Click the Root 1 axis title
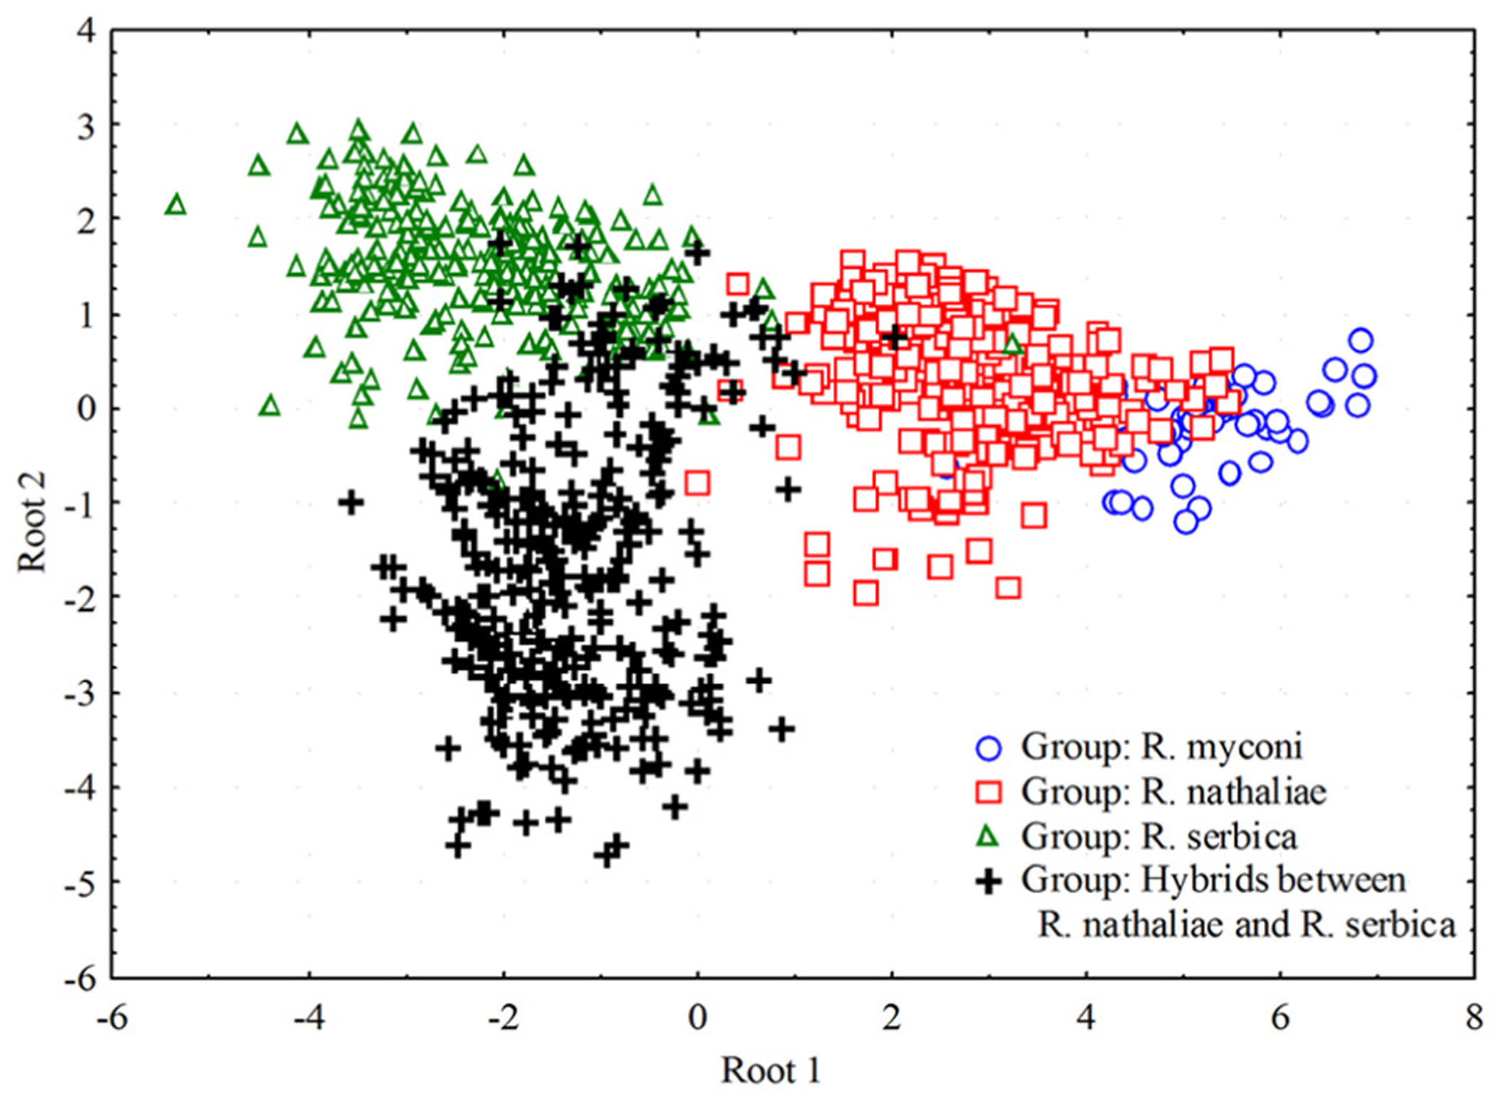click(770, 1071)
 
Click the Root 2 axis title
click(33, 521)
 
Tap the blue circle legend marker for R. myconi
click(988, 748)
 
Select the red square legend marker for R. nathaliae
click(988, 792)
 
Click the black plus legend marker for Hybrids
click(988, 881)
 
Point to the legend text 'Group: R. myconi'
click(1161, 747)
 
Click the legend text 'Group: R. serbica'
click(1158, 837)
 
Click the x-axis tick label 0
click(697, 1017)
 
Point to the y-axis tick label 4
click(87, 31)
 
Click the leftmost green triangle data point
click(175, 206)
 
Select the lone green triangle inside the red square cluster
click(1013, 345)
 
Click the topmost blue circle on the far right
click(1361, 340)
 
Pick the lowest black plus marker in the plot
click(606, 855)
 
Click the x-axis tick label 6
click(1280, 1017)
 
